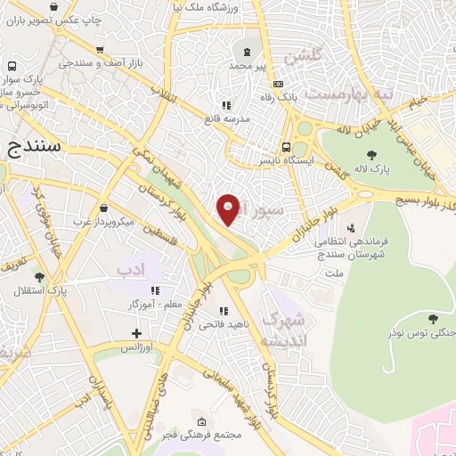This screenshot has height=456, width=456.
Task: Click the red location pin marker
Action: (229, 209)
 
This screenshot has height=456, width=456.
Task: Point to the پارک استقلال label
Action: (40, 289)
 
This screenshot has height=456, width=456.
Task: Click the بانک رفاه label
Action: (275, 95)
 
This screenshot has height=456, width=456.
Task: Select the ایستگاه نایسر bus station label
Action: (286, 161)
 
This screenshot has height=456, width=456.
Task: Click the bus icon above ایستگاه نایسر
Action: (286, 148)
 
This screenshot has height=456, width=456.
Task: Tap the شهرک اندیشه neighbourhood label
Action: (287, 330)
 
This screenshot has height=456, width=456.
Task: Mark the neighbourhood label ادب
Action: (131, 267)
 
